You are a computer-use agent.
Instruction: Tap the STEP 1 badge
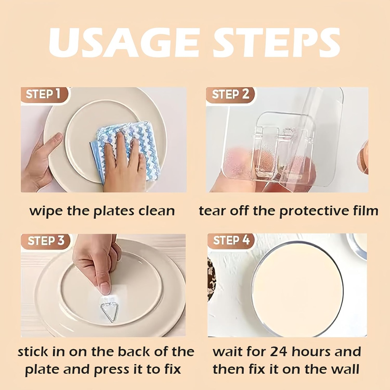click(43, 94)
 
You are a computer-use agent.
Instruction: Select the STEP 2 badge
click(231, 94)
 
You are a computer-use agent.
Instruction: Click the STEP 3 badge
click(46, 241)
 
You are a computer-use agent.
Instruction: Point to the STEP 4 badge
click(231, 240)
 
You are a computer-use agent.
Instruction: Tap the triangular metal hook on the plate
click(110, 310)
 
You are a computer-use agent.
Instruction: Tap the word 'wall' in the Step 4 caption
click(345, 369)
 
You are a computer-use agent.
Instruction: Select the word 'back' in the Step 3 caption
click(135, 352)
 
